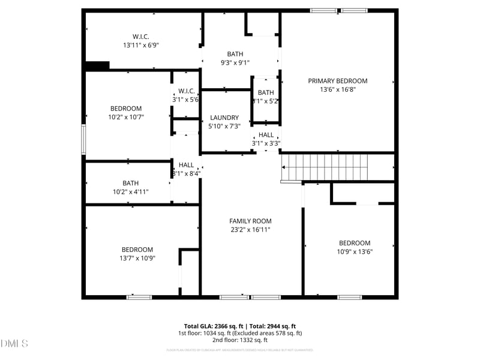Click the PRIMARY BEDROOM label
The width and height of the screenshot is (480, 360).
tap(338, 81)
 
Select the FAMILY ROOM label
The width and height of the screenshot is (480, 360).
tap(250, 221)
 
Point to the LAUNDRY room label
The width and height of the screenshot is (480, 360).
tap(224, 118)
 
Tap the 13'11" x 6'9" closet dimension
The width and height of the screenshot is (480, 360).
tap(141, 45)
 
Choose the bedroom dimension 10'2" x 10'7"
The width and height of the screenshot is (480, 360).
tap(125, 117)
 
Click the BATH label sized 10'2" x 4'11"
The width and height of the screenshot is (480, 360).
tap(130, 183)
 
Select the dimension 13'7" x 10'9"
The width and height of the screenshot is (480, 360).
tap(137, 258)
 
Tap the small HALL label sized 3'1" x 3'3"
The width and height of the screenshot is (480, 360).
tap(266, 135)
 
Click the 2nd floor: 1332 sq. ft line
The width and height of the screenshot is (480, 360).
tap(240, 340)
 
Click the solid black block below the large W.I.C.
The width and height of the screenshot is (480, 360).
tap(97, 66)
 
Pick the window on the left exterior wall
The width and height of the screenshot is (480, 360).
tap(84, 139)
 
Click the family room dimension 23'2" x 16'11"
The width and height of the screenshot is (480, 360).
tap(250, 230)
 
